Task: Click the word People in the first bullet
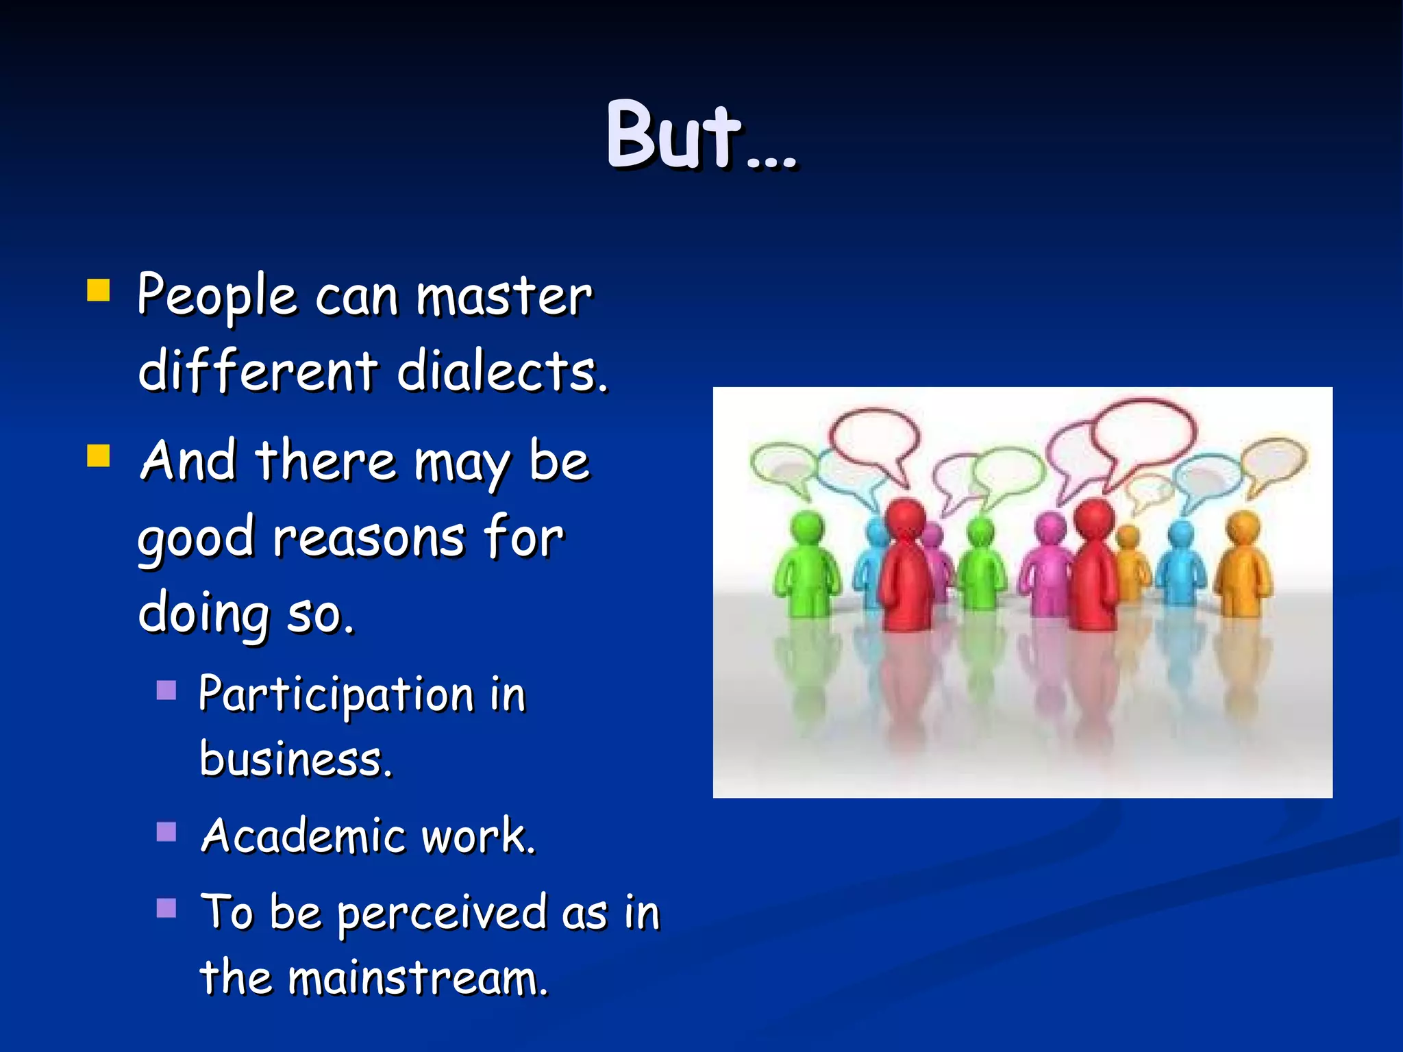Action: point(217,296)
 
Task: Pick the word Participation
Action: point(336,694)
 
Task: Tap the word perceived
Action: point(441,914)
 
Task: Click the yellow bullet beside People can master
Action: point(99,290)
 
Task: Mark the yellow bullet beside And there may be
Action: point(99,455)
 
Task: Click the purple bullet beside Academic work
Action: point(166,831)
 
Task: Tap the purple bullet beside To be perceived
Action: point(166,908)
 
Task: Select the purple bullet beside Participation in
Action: point(166,690)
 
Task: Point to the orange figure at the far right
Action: point(1243,565)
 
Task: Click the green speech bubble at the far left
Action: point(781,466)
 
